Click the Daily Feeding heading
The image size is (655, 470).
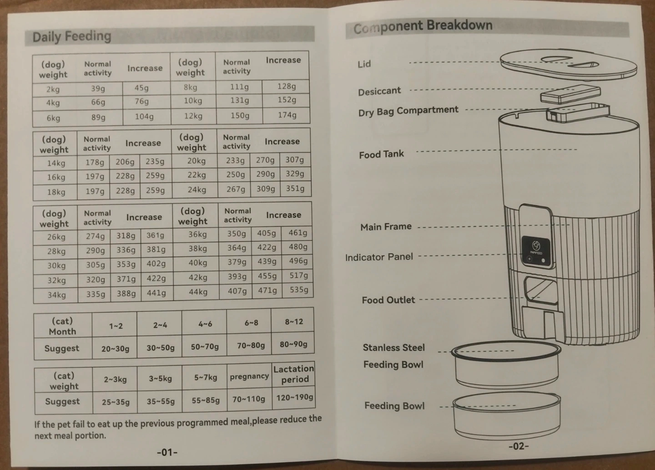[x=72, y=36]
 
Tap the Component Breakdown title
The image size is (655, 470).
[x=423, y=26]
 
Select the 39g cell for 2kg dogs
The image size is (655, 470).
[x=98, y=88]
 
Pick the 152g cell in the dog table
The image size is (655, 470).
[x=287, y=100]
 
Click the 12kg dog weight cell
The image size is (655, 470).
[x=193, y=116]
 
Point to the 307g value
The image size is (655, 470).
[x=295, y=159]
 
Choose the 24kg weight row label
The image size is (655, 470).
[x=197, y=190]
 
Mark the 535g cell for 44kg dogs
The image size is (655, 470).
[x=299, y=290]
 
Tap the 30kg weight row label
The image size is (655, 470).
[x=57, y=266]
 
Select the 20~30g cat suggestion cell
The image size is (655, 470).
[x=115, y=348]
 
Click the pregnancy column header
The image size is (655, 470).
[x=249, y=376]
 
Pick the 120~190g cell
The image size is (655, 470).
[x=294, y=398]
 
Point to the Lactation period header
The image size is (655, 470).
[x=294, y=374]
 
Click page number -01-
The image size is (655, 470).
[x=167, y=452]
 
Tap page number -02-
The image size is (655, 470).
[x=519, y=446]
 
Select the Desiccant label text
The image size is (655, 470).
[x=379, y=91]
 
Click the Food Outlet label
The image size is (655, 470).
[x=388, y=300]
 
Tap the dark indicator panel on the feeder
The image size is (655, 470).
[x=536, y=251]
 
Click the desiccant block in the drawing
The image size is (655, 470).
[x=570, y=95]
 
